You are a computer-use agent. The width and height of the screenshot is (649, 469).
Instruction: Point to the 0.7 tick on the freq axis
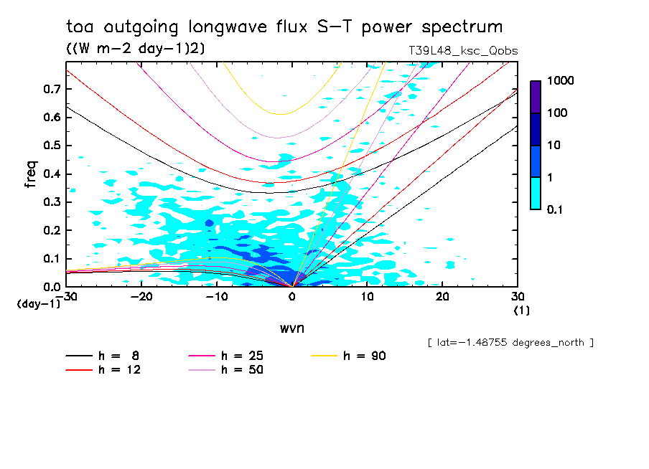pyautogui.click(x=51, y=89)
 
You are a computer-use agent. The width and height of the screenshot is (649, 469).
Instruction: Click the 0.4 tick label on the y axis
pyautogui.click(x=51, y=174)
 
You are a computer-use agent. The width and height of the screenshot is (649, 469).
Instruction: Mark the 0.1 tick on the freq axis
pyautogui.click(x=51, y=259)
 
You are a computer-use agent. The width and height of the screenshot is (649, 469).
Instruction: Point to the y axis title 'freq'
pyautogui.click(x=31, y=174)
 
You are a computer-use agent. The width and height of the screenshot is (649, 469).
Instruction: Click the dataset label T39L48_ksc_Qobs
pyautogui.click(x=462, y=51)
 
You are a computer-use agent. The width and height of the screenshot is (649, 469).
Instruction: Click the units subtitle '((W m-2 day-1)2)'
pyautogui.click(x=131, y=48)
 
